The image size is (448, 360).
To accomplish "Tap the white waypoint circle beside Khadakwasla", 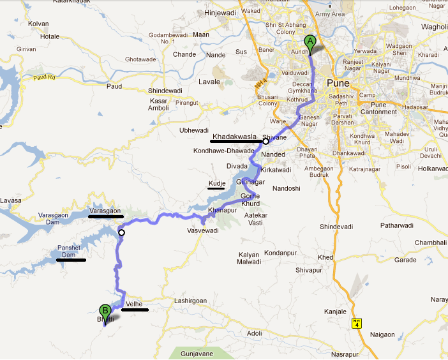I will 265,141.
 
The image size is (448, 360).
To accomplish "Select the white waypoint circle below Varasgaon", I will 121,233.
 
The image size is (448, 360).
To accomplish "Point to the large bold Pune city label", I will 338,83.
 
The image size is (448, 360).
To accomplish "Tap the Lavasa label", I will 11,200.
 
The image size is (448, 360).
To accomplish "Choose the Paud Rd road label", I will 45,79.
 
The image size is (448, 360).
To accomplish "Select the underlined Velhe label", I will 134,304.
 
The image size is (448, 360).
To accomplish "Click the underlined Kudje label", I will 216,184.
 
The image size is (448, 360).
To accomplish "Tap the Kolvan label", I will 38,24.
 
